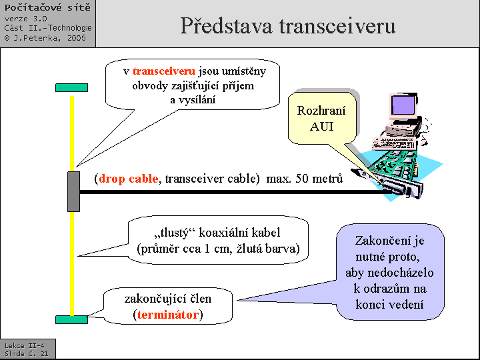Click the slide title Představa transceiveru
[287, 25]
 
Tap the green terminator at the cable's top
[71, 87]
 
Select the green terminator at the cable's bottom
[71, 319]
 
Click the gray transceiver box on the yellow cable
[73, 191]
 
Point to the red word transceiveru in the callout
[163, 71]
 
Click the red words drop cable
[129, 179]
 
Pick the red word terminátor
[169, 315]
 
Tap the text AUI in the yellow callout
[322, 126]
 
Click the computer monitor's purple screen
[404, 105]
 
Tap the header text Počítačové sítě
[47, 8]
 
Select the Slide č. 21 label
[26, 354]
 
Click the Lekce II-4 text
[24, 345]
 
